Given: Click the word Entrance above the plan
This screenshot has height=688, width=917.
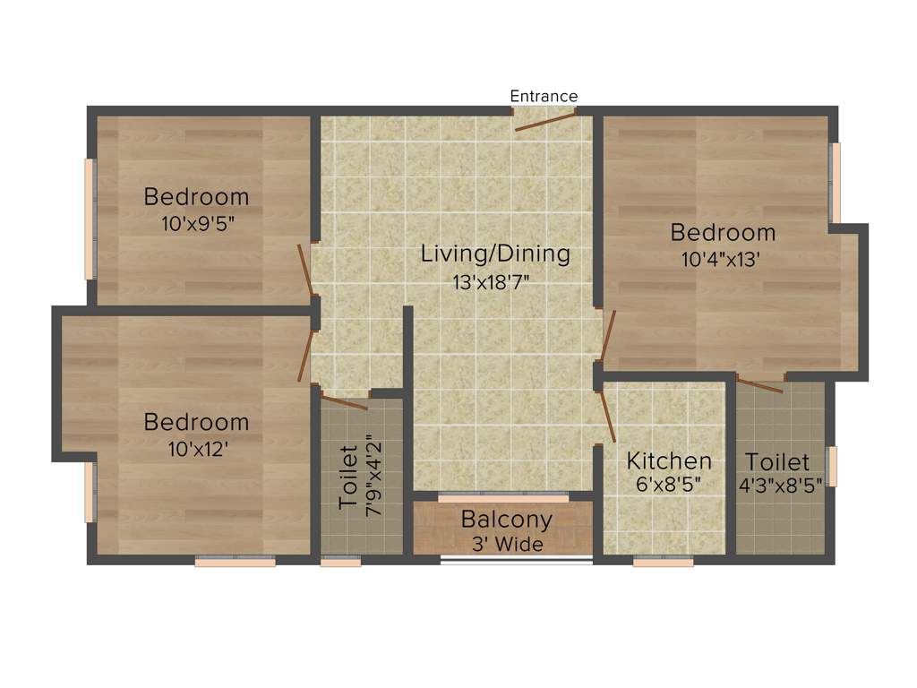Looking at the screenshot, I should click(x=544, y=96).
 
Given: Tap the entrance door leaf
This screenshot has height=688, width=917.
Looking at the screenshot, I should click(x=544, y=123).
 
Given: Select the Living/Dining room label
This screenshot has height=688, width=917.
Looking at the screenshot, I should click(x=495, y=254).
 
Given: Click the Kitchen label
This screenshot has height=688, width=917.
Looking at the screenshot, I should click(x=669, y=461).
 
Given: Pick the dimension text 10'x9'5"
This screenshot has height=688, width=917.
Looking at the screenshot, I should click(x=197, y=224).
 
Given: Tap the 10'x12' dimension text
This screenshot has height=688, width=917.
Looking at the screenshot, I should click(x=196, y=449).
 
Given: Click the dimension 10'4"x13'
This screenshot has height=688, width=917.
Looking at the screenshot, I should click(x=723, y=261).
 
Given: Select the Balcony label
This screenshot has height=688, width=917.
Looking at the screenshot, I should click(x=506, y=520).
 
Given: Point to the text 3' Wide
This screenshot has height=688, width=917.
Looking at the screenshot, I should click(x=506, y=544).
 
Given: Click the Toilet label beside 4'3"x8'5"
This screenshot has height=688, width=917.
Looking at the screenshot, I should click(x=777, y=462).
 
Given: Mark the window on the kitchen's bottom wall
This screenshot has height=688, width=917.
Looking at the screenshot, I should click(x=663, y=563).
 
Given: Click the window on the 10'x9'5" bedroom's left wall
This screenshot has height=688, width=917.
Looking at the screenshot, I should click(x=90, y=219).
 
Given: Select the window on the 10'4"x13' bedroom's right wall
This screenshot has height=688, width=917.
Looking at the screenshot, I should click(x=836, y=183).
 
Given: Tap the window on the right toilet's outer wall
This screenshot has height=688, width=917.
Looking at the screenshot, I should click(x=832, y=467).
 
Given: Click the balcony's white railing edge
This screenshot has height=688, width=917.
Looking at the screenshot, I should click(x=517, y=561).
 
